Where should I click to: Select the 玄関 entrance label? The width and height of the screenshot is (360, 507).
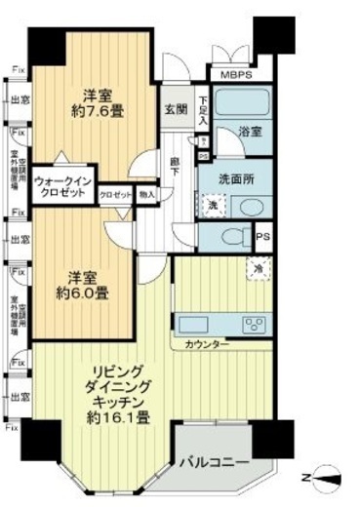[x=177, y=109]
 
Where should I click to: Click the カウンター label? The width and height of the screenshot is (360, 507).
[x=208, y=345]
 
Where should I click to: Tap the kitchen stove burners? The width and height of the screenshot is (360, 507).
[x=256, y=325]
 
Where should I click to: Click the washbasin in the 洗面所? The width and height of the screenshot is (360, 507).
[x=249, y=207]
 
